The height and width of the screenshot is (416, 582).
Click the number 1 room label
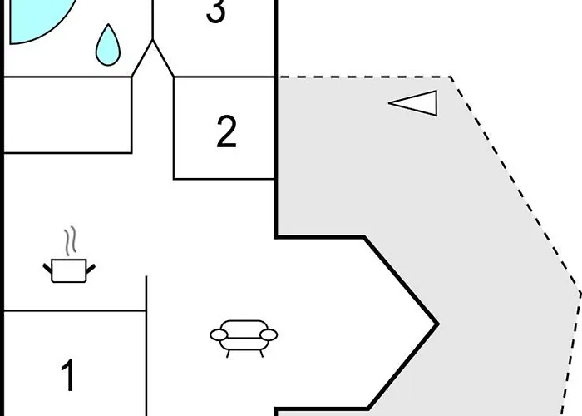(69, 376)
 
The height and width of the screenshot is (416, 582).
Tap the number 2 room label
(226, 132)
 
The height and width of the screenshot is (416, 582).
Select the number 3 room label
(215, 12)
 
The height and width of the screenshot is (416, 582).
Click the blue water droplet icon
(106, 47)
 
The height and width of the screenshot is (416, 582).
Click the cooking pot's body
(68, 270)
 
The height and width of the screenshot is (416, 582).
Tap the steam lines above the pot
(72, 241)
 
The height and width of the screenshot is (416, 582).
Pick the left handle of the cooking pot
(47, 266)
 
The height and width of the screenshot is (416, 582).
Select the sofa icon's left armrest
(219, 335)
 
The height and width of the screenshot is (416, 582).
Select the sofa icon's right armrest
(269, 335)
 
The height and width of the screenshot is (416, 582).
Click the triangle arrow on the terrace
(416, 103)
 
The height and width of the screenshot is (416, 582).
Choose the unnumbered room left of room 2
(68, 115)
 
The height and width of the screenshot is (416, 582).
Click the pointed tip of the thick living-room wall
(436, 324)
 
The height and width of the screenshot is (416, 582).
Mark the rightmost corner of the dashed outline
(579, 293)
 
